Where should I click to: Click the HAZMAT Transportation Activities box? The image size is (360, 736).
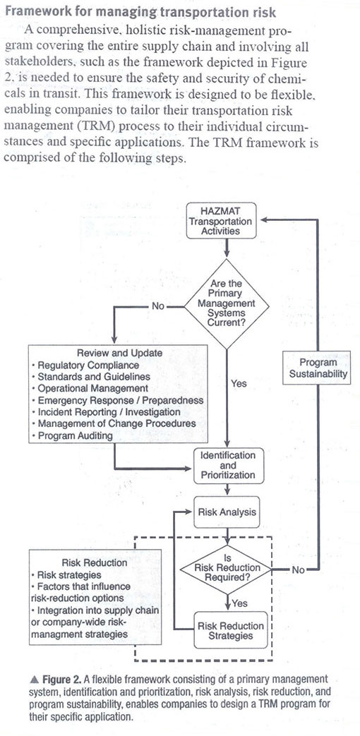click(x=221, y=221)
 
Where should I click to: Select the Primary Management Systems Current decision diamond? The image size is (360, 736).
click(x=227, y=304)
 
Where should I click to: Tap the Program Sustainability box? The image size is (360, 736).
click(x=318, y=368)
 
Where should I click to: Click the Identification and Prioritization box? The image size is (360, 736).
click(x=228, y=465)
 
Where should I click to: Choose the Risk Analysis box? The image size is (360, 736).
click(x=227, y=511)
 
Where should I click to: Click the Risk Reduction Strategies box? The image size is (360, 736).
click(x=230, y=630)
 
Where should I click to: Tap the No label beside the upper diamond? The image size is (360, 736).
click(x=157, y=306)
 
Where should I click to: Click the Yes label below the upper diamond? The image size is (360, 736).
click(x=239, y=383)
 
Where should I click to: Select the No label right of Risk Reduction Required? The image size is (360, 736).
click(x=298, y=570)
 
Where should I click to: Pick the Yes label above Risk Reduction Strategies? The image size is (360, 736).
click(x=240, y=603)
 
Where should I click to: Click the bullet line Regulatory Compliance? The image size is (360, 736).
click(x=85, y=365)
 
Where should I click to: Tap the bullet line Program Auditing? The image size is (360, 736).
click(x=72, y=435)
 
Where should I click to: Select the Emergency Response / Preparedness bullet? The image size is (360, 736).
click(x=117, y=400)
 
